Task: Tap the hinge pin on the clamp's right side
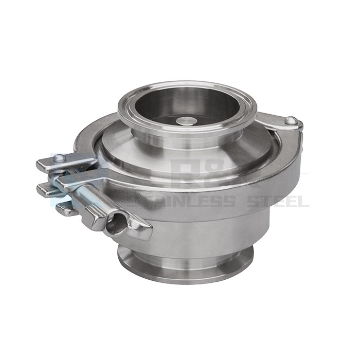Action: (x=292, y=121)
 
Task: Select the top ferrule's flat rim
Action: (x=180, y=88)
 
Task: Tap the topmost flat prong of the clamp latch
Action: (x=49, y=165)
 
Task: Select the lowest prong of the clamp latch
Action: (x=64, y=208)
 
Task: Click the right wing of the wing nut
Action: (x=139, y=229)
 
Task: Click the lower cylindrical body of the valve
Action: (x=216, y=231)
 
